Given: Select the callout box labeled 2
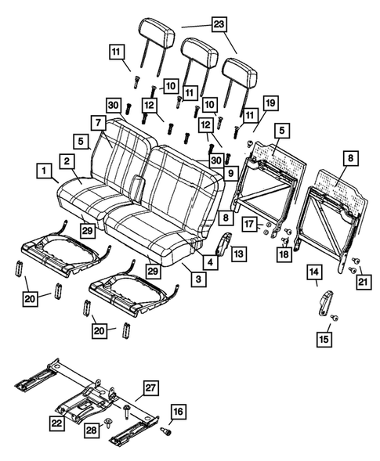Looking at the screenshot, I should coord(69,161).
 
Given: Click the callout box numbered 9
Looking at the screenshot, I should coord(231,171).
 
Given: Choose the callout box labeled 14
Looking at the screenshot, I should coord(313,272).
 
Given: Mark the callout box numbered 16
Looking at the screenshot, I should coord(178,411).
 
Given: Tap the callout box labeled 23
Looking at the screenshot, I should coord(217,25).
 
